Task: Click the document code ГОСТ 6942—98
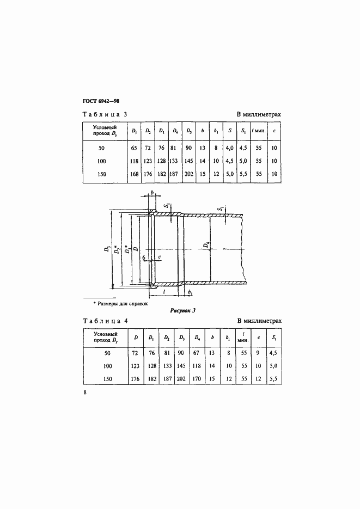101,101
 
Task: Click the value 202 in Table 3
189,174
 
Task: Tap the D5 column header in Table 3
189,131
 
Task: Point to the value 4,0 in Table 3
229,148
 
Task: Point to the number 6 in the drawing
143,257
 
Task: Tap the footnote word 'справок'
138,302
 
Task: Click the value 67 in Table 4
197,353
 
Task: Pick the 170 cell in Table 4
197,379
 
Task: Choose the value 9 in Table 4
258,353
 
